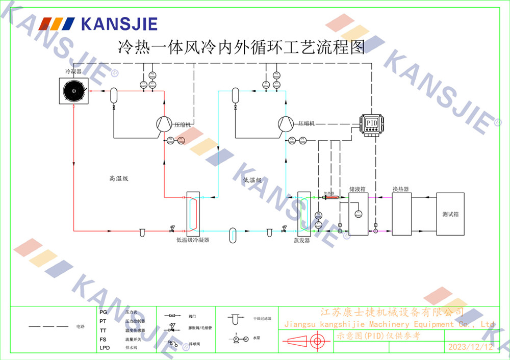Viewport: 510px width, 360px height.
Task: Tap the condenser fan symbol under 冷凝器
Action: (74, 92)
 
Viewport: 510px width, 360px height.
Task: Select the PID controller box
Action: (372, 123)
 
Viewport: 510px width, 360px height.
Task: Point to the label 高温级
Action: (118, 178)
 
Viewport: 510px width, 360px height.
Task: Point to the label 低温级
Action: (252, 180)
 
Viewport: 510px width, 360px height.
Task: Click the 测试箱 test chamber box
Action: (450, 214)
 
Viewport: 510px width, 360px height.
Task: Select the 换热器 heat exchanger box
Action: (401, 214)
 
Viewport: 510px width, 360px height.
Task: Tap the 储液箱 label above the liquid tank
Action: (357, 189)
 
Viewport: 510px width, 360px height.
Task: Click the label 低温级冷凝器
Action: (192, 239)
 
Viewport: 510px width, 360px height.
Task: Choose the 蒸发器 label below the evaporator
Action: (301, 240)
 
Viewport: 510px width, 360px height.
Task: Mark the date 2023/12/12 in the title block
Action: (470, 347)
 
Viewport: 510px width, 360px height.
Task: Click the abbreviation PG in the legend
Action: (104, 312)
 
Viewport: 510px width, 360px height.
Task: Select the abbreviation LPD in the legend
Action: (105, 348)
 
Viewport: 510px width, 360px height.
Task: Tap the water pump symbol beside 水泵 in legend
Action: (240, 338)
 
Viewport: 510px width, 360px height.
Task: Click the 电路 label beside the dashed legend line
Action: (80, 326)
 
